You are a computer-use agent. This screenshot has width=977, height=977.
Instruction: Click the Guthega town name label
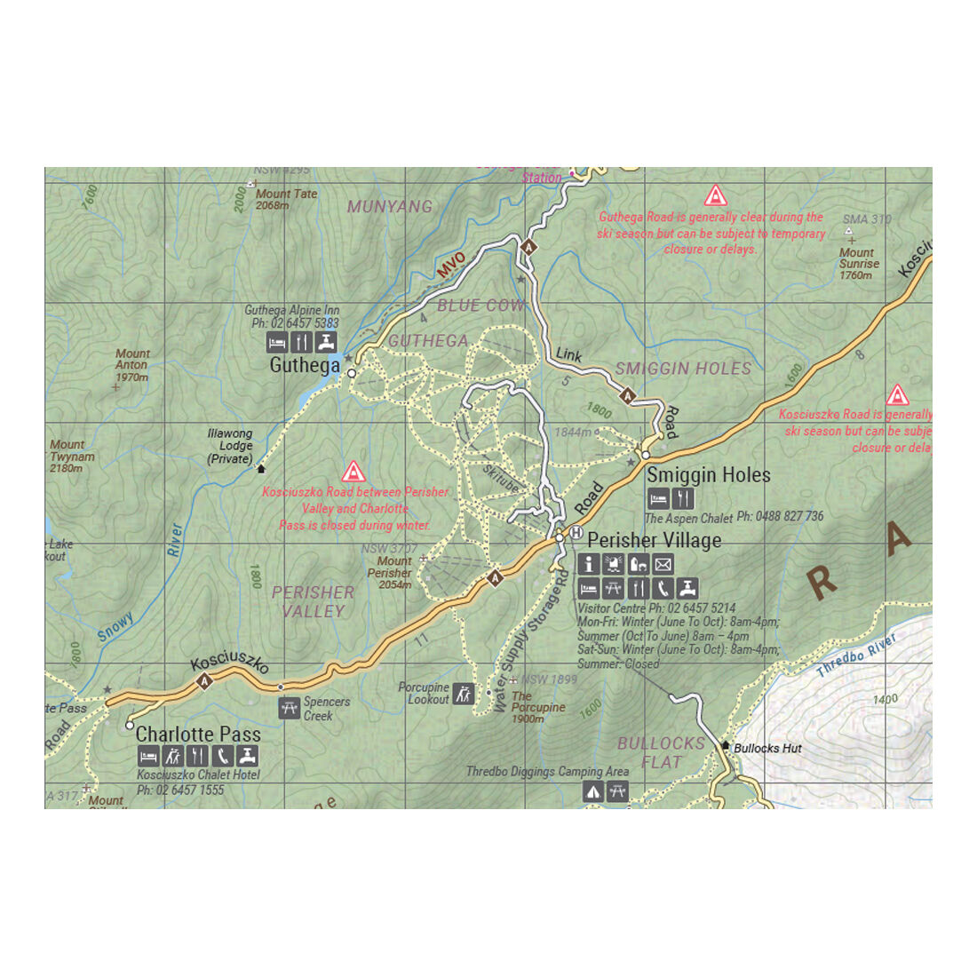pyautogui.click(x=304, y=365)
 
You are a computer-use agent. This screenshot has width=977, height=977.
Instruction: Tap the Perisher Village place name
pyautogui.click(x=654, y=540)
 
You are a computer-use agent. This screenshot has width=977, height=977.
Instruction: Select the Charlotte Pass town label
pyautogui.click(x=198, y=735)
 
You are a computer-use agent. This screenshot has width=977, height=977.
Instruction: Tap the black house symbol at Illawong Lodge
pyautogui.click(x=261, y=468)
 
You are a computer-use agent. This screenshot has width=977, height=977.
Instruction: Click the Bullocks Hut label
pyautogui.click(x=767, y=748)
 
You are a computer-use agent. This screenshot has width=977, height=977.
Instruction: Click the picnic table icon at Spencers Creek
pyautogui.click(x=289, y=708)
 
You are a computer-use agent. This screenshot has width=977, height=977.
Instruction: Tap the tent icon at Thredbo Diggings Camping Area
pyautogui.click(x=592, y=791)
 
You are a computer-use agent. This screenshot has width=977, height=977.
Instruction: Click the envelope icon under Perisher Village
pyautogui.click(x=663, y=563)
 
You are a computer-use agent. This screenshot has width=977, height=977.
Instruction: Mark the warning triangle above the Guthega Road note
pyautogui.click(x=715, y=195)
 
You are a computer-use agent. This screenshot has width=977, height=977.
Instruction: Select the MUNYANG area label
pyautogui.click(x=390, y=207)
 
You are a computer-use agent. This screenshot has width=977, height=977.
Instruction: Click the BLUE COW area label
pyautogui.click(x=481, y=306)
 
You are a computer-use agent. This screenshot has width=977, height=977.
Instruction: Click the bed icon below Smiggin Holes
pyautogui.click(x=658, y=498)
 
